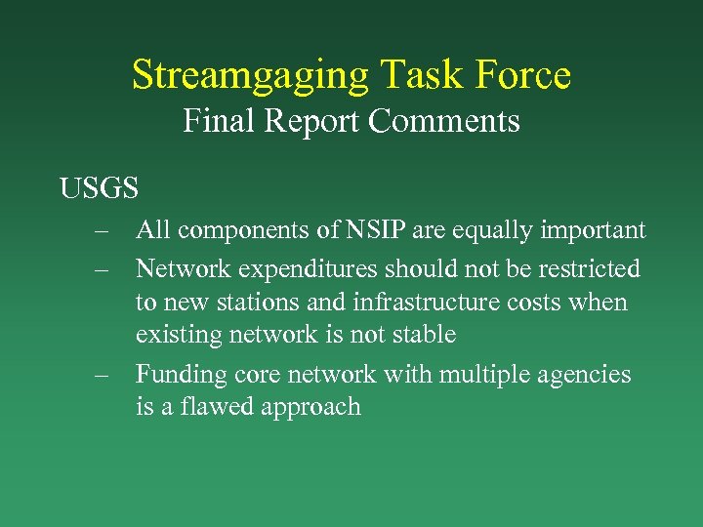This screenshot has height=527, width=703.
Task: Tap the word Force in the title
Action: tap(520, 76)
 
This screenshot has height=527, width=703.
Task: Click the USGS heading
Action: tap(99, 187)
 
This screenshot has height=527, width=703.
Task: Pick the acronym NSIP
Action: tap(378, 230)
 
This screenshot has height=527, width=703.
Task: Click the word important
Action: tap(595, 230)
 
